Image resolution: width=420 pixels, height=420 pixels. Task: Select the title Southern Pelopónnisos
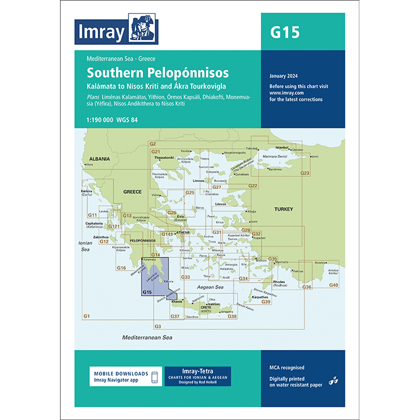point(157,73)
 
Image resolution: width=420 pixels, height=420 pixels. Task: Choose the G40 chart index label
point(334,284)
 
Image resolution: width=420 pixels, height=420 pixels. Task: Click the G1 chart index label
point(86,316)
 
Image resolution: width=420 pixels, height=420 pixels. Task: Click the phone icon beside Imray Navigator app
point(154,377)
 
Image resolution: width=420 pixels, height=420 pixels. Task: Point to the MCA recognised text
point(287,367)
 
